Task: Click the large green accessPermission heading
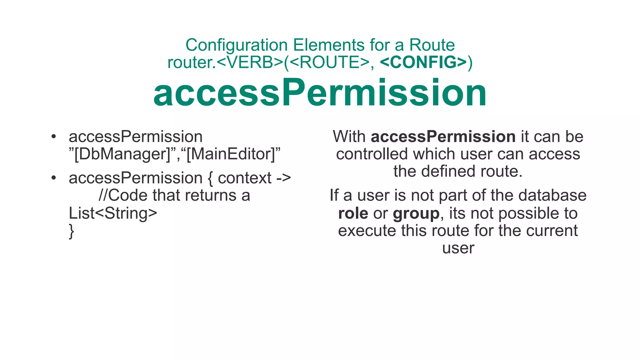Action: tap(320, 93)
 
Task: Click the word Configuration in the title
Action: tap(236, 45)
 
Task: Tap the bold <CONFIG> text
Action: tap(423, 62)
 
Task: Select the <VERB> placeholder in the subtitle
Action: tap(249, 62)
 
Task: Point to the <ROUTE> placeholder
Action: tap(329, 62)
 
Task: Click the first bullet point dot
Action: tap(54, 137)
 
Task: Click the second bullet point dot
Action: tap(54, 178)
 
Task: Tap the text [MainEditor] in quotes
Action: tap(231, 154)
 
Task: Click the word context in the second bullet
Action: tap(244, 178)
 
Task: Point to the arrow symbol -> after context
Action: tap(283, 178)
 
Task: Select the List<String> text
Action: tap(113, 213)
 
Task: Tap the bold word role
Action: tap(353, 213)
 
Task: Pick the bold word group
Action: tap(416, 213)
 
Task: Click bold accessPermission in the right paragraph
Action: tap(443, 137)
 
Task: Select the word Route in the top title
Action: tap(432, 45)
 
